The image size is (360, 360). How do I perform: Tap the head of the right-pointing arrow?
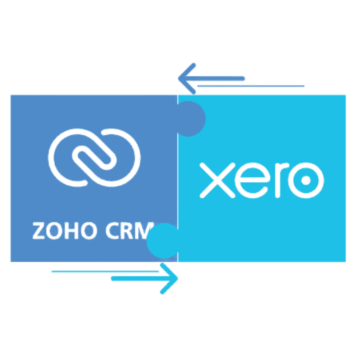pyautogui.click(x=170, y=278)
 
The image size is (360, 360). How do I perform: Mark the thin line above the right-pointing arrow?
pyautogui.click(x=106, y=272)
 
